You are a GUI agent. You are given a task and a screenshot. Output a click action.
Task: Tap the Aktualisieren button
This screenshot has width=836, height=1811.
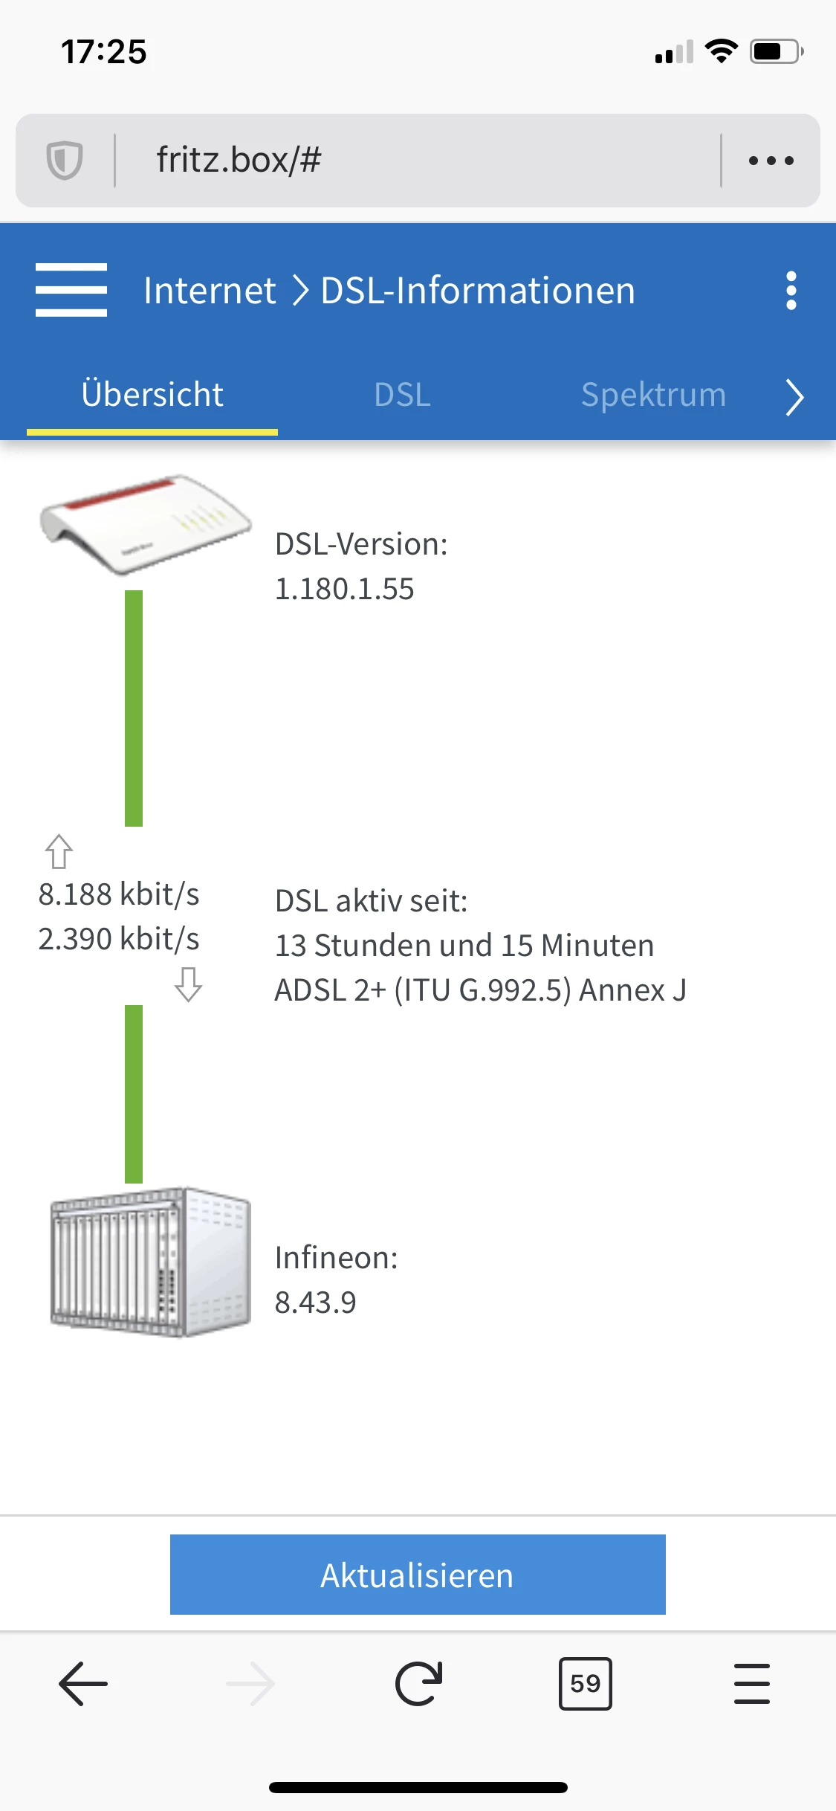coord(418,1574)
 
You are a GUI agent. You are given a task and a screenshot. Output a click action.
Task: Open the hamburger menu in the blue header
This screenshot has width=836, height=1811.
coord(71,290)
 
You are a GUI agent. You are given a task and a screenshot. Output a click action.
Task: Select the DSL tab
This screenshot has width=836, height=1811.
coord(402,394)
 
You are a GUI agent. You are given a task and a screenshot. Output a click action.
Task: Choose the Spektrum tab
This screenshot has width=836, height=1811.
coord(653,394)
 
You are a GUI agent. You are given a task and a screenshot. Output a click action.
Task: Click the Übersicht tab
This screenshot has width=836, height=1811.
coord(152,394)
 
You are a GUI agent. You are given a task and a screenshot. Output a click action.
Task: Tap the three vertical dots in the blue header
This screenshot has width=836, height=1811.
coord(791,290)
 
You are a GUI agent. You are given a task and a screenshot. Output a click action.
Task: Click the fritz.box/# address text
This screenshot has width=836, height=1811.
coord(239,160)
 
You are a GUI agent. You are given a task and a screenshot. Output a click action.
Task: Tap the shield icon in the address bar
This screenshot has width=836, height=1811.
coord(65,160)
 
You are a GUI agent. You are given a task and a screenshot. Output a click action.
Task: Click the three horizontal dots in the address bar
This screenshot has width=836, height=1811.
coord(771,160)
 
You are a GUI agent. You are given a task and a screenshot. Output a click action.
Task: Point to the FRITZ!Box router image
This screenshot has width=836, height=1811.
coord(146,524)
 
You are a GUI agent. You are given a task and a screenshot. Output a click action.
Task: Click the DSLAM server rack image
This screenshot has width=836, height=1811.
coord(150,1262)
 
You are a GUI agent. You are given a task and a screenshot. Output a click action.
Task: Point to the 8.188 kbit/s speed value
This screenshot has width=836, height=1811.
coord(119,894)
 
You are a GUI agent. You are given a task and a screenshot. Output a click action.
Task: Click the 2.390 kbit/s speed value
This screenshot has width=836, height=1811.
coord(119,939)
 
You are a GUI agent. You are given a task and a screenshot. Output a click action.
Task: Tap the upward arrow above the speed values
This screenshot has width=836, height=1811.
coord(59,851)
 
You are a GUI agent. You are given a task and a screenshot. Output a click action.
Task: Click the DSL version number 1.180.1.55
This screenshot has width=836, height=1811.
coord(344,589)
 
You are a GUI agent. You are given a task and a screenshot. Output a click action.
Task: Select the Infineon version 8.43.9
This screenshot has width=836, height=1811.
coord(315,1302)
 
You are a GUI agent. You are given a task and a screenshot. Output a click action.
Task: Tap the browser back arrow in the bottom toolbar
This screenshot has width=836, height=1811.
coord(83,1683)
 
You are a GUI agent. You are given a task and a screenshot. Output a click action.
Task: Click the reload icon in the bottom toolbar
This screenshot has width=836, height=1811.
coord(418,1683)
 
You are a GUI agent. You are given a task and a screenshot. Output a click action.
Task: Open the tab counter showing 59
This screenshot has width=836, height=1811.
coord(585,1683)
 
